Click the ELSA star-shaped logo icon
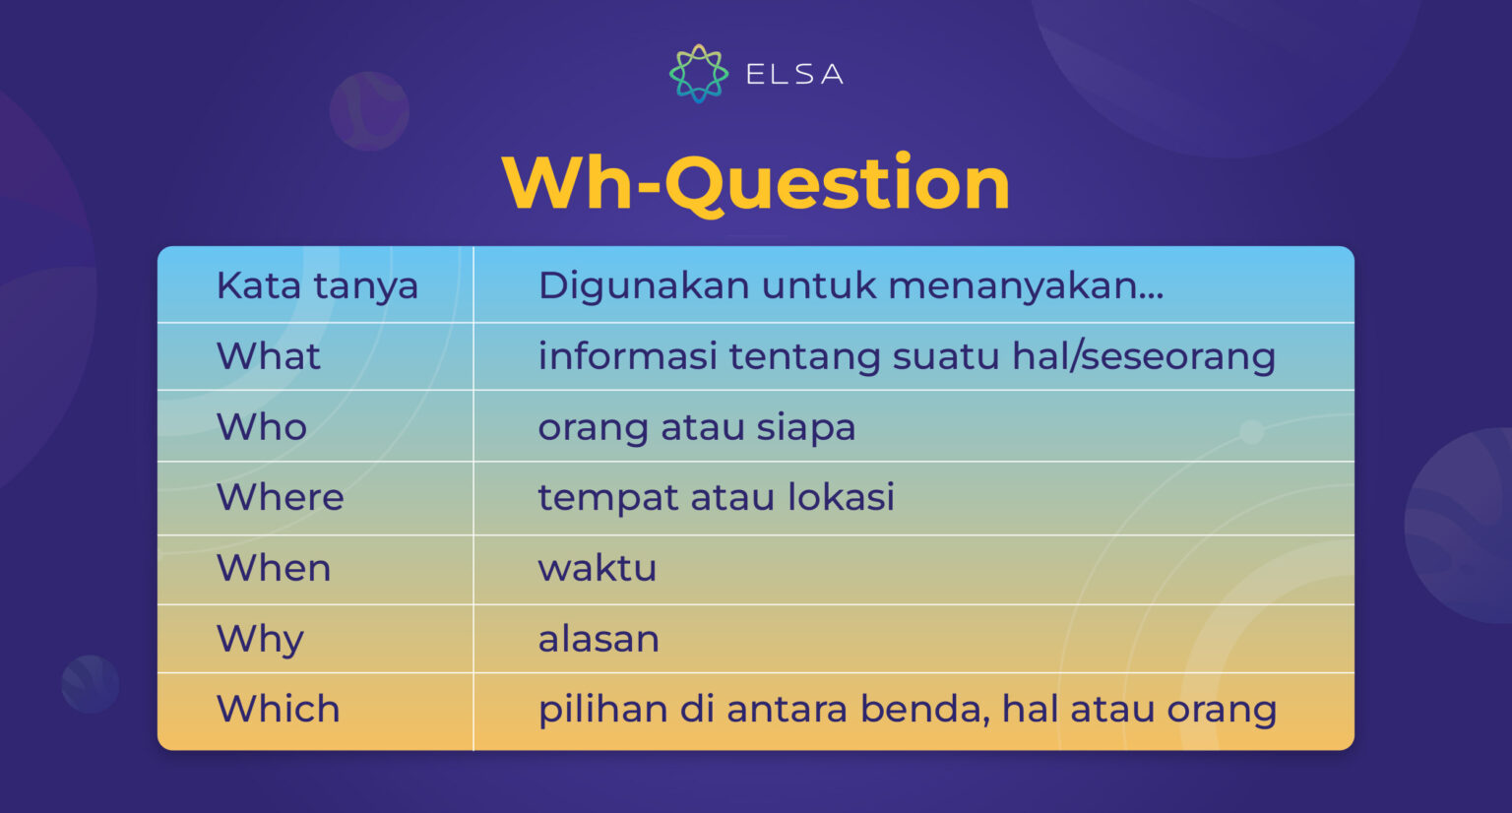698,74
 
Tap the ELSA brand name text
794,75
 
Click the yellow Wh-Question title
756,183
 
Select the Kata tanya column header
317,285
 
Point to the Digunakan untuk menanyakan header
850,285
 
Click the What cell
268,356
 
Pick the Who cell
261,427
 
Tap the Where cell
280,497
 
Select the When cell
274,568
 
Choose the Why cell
260,639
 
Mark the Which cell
278,709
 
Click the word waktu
597,568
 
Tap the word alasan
598,639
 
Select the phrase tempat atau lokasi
716,497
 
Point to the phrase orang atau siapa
696,427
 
